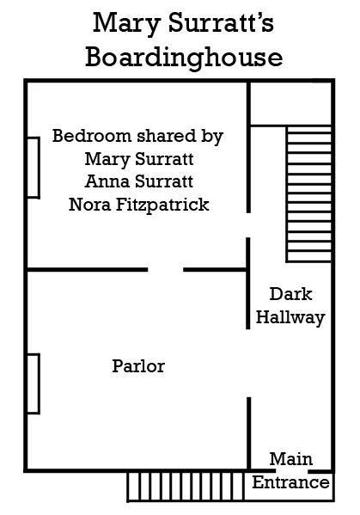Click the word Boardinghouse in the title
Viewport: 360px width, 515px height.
click(184, 58)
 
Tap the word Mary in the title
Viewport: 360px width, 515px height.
click(126, 24)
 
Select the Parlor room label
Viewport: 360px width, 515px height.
click(138, 366)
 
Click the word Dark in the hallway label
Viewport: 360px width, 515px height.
click(290, 294)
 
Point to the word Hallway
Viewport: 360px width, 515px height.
click(290, 317)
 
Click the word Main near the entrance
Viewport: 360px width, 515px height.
click(291, 459)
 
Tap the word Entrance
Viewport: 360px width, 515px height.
click(290, 482)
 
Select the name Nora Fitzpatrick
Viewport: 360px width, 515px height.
click(139, 205)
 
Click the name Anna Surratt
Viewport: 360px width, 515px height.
click(139, 181)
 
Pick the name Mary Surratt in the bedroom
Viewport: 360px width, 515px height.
click(139, 159)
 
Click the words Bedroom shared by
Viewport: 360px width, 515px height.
click(137, 136)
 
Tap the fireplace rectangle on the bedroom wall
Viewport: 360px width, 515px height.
click(34, 168)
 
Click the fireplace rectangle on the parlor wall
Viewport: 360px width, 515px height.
click(34, 383)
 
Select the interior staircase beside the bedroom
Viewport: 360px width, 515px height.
click(308, 193)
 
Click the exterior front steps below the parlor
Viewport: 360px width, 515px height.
click(186, 487)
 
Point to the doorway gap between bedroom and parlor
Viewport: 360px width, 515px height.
click(166, 270)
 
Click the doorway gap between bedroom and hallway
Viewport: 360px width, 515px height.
click(248, 225)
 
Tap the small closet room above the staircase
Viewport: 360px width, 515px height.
click(290, 103)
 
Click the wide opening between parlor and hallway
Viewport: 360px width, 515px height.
click(248, 363)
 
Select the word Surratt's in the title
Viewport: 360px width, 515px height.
click(221, 23)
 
